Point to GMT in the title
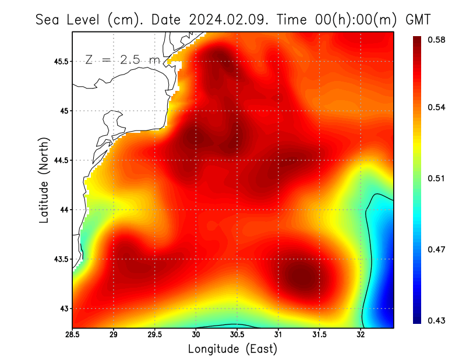(418, 19)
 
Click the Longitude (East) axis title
(232, 348)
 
